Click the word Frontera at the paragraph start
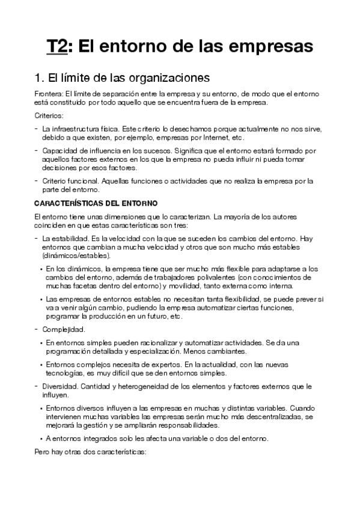48,94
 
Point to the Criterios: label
49,115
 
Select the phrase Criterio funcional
73,180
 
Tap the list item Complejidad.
63,329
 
